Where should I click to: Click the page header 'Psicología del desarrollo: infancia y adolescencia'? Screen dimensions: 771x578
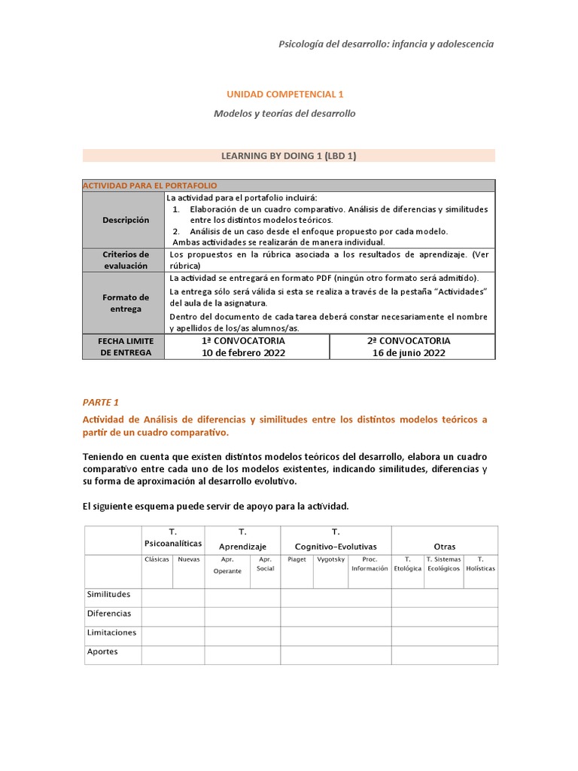click(x=387, y=44)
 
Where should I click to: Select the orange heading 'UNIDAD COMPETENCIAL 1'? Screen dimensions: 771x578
click(x=284, y=94)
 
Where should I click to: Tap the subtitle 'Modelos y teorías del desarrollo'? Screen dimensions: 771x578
click(x=284, y=114)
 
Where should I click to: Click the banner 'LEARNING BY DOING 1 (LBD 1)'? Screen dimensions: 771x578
click(x=289, y=155)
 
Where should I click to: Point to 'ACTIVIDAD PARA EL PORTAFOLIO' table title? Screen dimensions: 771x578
click(x=150, y=185)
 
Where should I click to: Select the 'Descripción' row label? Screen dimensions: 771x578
click(x=126, y=220)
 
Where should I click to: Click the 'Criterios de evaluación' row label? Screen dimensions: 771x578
click(x=126, y=260)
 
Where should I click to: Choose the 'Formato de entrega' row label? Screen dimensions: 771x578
click(x=126, y=303)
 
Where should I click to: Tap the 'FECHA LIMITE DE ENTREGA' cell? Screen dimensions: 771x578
click(x=126, y=346)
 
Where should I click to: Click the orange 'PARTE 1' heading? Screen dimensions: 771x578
click(x=101, y=402)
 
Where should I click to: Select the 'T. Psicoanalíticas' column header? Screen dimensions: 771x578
click(x=173, y=538)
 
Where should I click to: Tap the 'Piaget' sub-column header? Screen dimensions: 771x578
click(x=297, y=559)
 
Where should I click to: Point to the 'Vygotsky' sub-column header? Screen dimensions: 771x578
click(x=330, y=559)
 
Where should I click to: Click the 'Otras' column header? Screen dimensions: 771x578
click(x=444, y=546)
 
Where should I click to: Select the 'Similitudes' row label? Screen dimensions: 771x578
click(x=109, y=594)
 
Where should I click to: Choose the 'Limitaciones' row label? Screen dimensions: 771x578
click(x=111, y=632)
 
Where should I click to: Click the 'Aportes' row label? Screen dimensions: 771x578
click(x=102, y=651)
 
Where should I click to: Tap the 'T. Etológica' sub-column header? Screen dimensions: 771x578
click(x=407, y=564)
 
